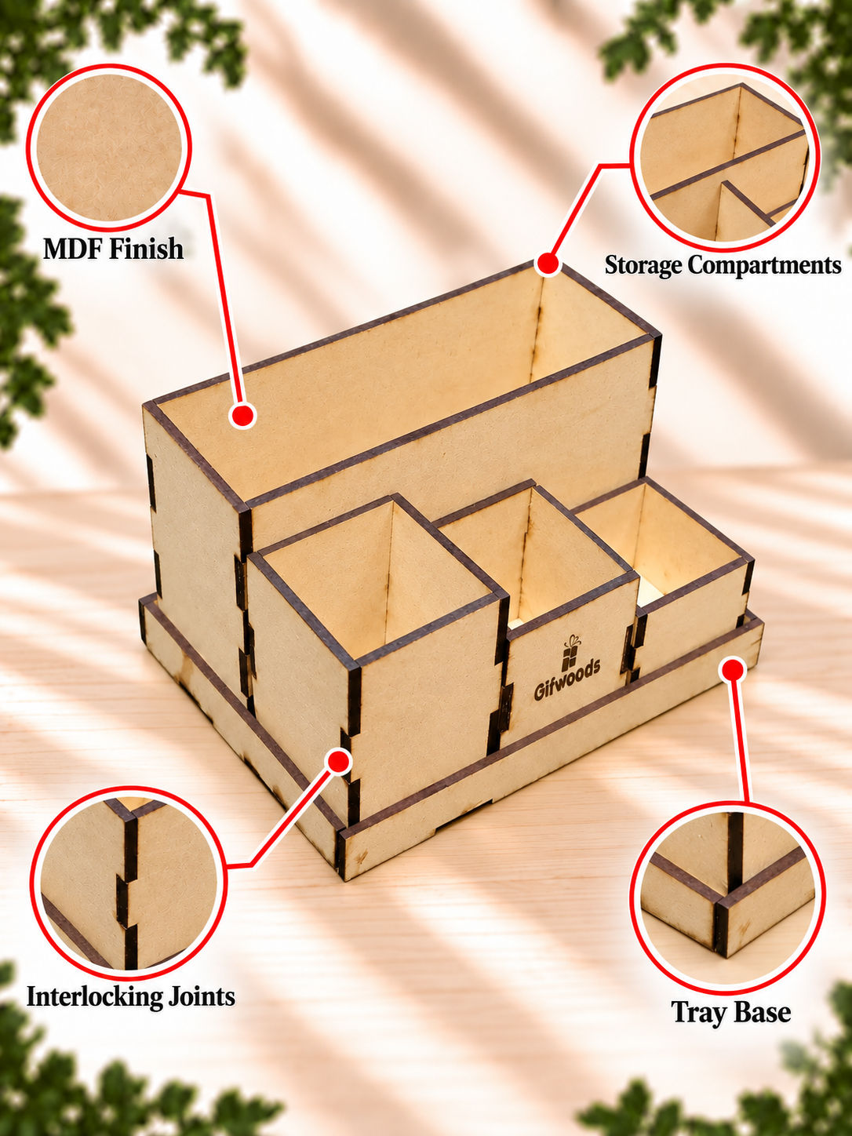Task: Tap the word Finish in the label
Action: click(145, 249)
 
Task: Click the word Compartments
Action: click(764, 265)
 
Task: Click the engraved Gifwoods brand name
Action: click(567, 679)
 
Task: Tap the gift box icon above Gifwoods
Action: click(570, 651)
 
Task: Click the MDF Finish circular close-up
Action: click(109, 147)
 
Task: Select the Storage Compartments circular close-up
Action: click(725, 158)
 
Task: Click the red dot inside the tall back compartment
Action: click(242, 415)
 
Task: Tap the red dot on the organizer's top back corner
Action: click(548, 264)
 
